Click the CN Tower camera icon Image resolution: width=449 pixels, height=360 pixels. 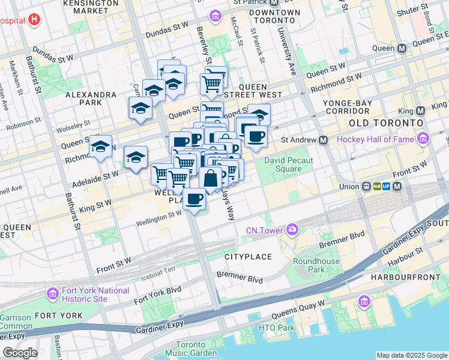pos(292,229)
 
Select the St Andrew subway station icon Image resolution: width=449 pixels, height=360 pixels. pos(323,140)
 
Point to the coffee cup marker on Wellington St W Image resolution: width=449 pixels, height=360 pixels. pos(193,199)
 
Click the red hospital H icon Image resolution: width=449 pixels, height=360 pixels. pos(34,19)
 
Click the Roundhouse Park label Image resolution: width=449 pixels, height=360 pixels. pos(308,265)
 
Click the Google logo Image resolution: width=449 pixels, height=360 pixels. pos(19,353)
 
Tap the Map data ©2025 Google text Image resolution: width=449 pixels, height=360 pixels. pos(412,355)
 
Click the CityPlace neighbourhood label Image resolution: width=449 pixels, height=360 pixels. pos(248,257)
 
